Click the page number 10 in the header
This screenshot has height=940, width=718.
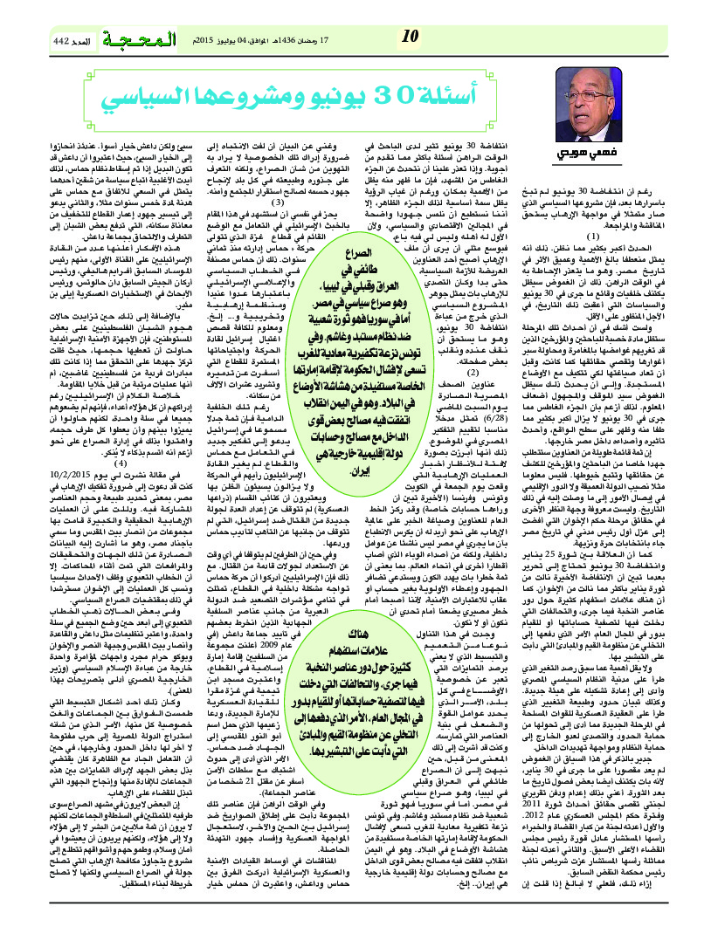click(x=410, y=36)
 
